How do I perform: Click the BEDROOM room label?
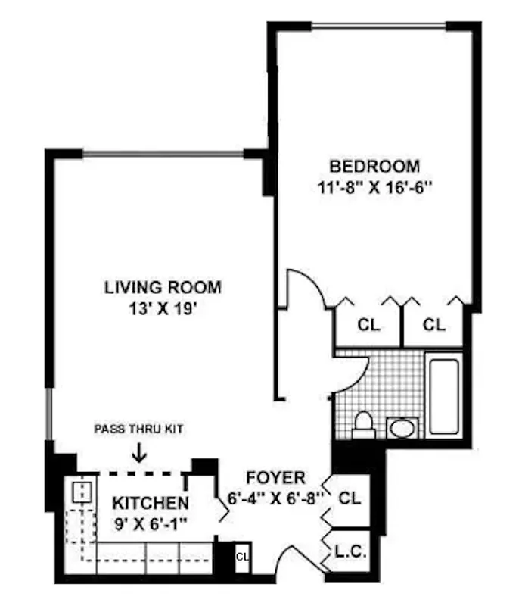coord(374,166)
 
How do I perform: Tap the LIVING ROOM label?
coord(163,288)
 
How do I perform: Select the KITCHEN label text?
coord(151,503)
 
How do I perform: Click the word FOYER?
coord(275,478)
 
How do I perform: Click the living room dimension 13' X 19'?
coord(162,308)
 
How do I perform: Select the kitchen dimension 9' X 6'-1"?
coord(151,522)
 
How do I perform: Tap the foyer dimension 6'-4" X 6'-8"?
coord(275,498)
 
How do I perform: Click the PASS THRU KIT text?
coord(138,429)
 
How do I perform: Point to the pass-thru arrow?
coord(138,453)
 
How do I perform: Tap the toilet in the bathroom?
coord(363,426)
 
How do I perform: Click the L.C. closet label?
coord(349,554)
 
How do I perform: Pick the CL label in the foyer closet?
coord(349,499)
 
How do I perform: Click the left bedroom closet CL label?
coord(368,325)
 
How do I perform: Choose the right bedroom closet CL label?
coord(433,325)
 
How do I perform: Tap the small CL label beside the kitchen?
coord(242,557)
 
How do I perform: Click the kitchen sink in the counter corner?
coord(79,493)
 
